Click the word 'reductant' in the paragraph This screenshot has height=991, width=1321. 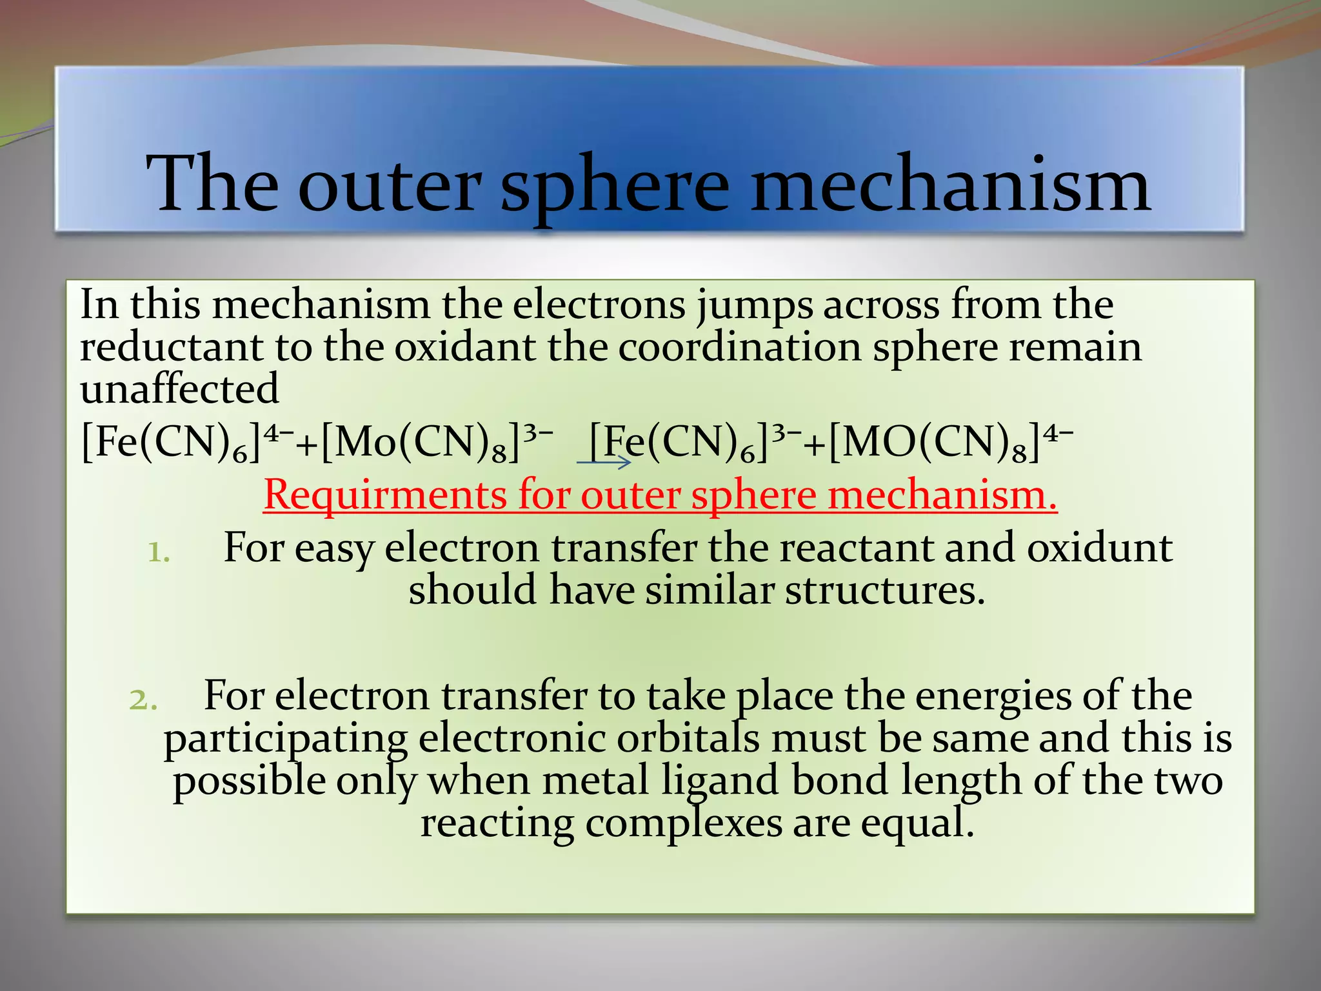[x=171, y=348]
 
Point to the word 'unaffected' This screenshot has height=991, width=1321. [x=179, y=390]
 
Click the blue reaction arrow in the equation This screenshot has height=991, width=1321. [x=604, y=461]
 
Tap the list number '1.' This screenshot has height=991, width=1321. [x=159, y=553]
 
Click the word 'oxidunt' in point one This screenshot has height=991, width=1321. [x=1099, y=548]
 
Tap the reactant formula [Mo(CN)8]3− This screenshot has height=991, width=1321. [x=437, y=444]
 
